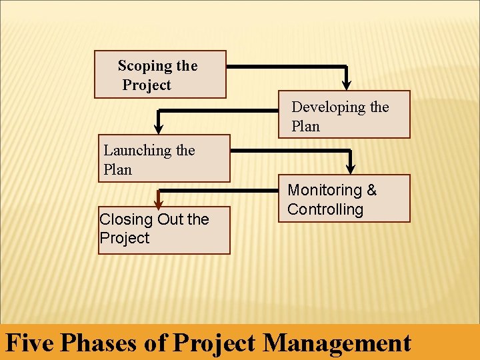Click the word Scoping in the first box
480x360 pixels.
(144, 66)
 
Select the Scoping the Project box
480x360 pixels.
(160, 75)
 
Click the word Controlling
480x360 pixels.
(325, 209)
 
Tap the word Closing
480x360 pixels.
(125, 219)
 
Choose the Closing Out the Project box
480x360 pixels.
(164, 231)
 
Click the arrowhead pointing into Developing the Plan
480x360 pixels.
(346, 83)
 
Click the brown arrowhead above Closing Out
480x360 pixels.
(159, 204)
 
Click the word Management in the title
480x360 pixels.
(337, 343)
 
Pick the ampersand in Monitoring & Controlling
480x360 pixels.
(371, 191)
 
